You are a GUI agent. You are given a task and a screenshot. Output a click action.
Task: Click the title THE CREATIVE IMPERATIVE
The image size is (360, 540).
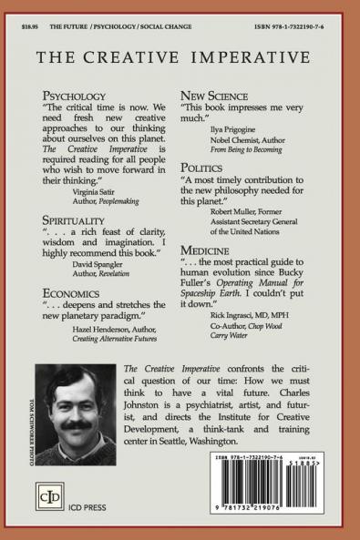180,59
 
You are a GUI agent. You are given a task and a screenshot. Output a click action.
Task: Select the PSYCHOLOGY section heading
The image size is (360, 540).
75,95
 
